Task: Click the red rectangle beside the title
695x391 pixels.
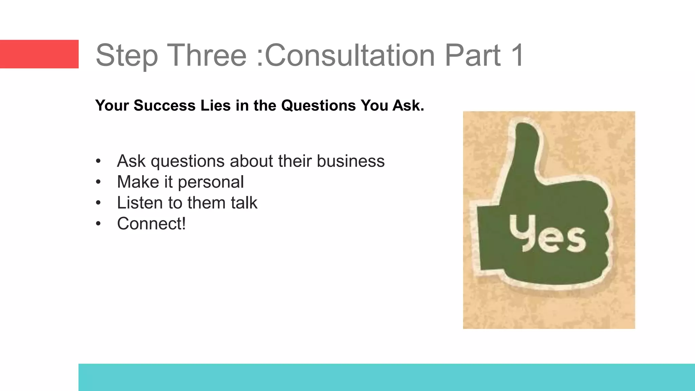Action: pos(39,54)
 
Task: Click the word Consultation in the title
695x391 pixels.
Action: pos(350,55)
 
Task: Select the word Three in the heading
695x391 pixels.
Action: pos(207,55)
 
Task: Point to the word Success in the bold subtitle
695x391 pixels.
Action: pos(165,106)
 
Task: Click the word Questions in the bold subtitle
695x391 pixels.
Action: pos(318,106)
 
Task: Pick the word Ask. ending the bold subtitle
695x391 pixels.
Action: pos(408,106)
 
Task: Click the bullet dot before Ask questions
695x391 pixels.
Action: pos(98,161)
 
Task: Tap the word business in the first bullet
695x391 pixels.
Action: pos(351,161)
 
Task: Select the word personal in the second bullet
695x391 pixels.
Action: pos(211,182)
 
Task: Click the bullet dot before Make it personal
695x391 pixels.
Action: pos(98,182)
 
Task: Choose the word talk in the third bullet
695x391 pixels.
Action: pos(244,203)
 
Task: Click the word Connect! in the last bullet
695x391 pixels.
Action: pos(151,224)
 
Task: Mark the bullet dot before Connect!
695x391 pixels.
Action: pos(98,224)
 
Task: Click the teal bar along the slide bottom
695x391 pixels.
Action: pos(387,377)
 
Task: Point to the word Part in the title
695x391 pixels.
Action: pos(472,55)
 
